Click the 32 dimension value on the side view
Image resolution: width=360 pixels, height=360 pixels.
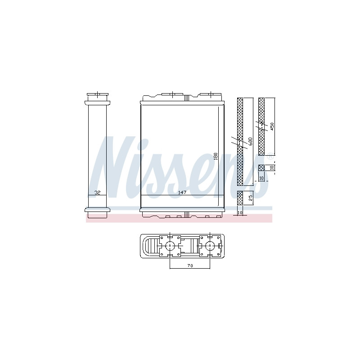coord(97,193)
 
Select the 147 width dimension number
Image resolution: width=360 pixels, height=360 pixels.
coord(182,193)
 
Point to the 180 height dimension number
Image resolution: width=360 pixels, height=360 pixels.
coord(216,156)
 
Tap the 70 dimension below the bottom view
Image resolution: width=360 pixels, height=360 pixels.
coord(190,265)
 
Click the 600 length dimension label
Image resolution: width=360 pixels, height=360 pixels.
coord(250,141)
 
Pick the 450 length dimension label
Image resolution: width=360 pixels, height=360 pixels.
coord(272,127)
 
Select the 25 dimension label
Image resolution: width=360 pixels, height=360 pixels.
coord(251,198)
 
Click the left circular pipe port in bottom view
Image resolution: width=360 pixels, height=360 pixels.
coord(170,246)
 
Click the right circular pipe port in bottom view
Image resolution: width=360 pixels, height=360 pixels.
coord(209,246)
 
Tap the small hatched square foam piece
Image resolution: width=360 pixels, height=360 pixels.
coord(261,168)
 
